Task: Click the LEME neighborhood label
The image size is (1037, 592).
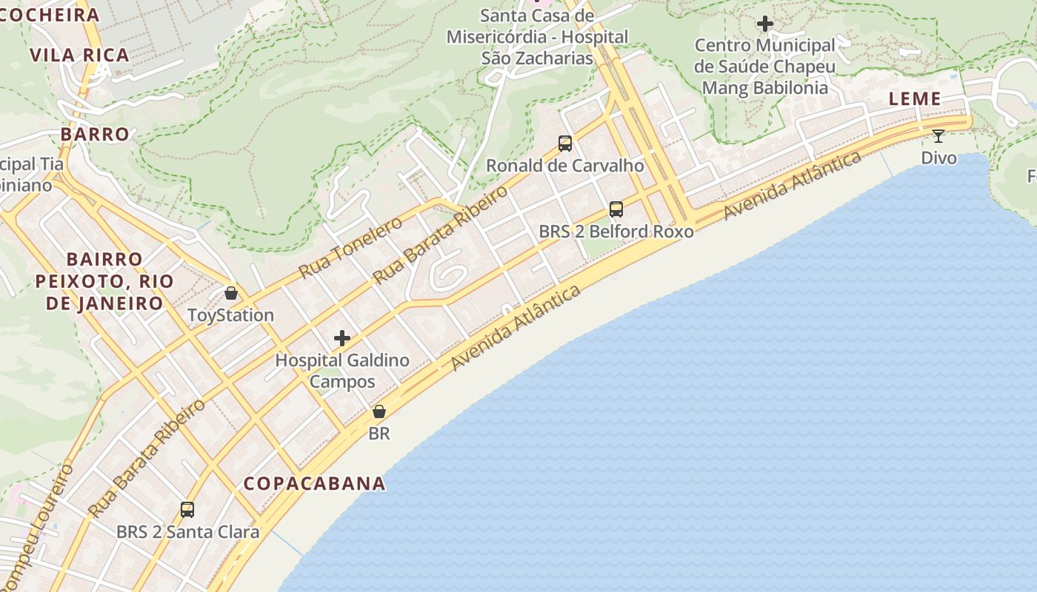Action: point(914,98)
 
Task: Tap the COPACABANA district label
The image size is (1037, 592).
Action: point(315,483)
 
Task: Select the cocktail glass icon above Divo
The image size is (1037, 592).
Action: point(938,135)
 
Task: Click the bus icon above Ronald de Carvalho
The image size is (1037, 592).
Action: point(565,144)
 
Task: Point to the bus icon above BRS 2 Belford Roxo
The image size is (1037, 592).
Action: point(616,209)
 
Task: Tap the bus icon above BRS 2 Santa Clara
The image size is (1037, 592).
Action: point(187,510)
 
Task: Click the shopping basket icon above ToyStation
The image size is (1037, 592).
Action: point(231,293)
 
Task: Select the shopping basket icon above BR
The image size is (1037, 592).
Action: point(379,411)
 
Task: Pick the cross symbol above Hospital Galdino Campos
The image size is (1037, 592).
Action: point(342,338)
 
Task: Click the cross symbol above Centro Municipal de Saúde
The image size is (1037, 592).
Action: point(765,24)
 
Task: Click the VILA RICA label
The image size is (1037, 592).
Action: point(79,55)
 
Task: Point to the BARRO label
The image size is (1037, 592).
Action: point(95,134)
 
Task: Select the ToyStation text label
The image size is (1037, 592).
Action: point(231,315)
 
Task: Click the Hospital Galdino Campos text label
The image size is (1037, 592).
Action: point(342,371)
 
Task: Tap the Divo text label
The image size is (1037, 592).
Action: point(938,158)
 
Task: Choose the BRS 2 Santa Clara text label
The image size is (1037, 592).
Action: point(188,532)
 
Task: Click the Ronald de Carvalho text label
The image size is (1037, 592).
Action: point(565,166)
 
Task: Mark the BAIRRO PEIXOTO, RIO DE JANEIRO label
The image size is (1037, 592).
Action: point(104,281)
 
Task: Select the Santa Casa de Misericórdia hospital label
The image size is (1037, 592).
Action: point(537,37)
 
